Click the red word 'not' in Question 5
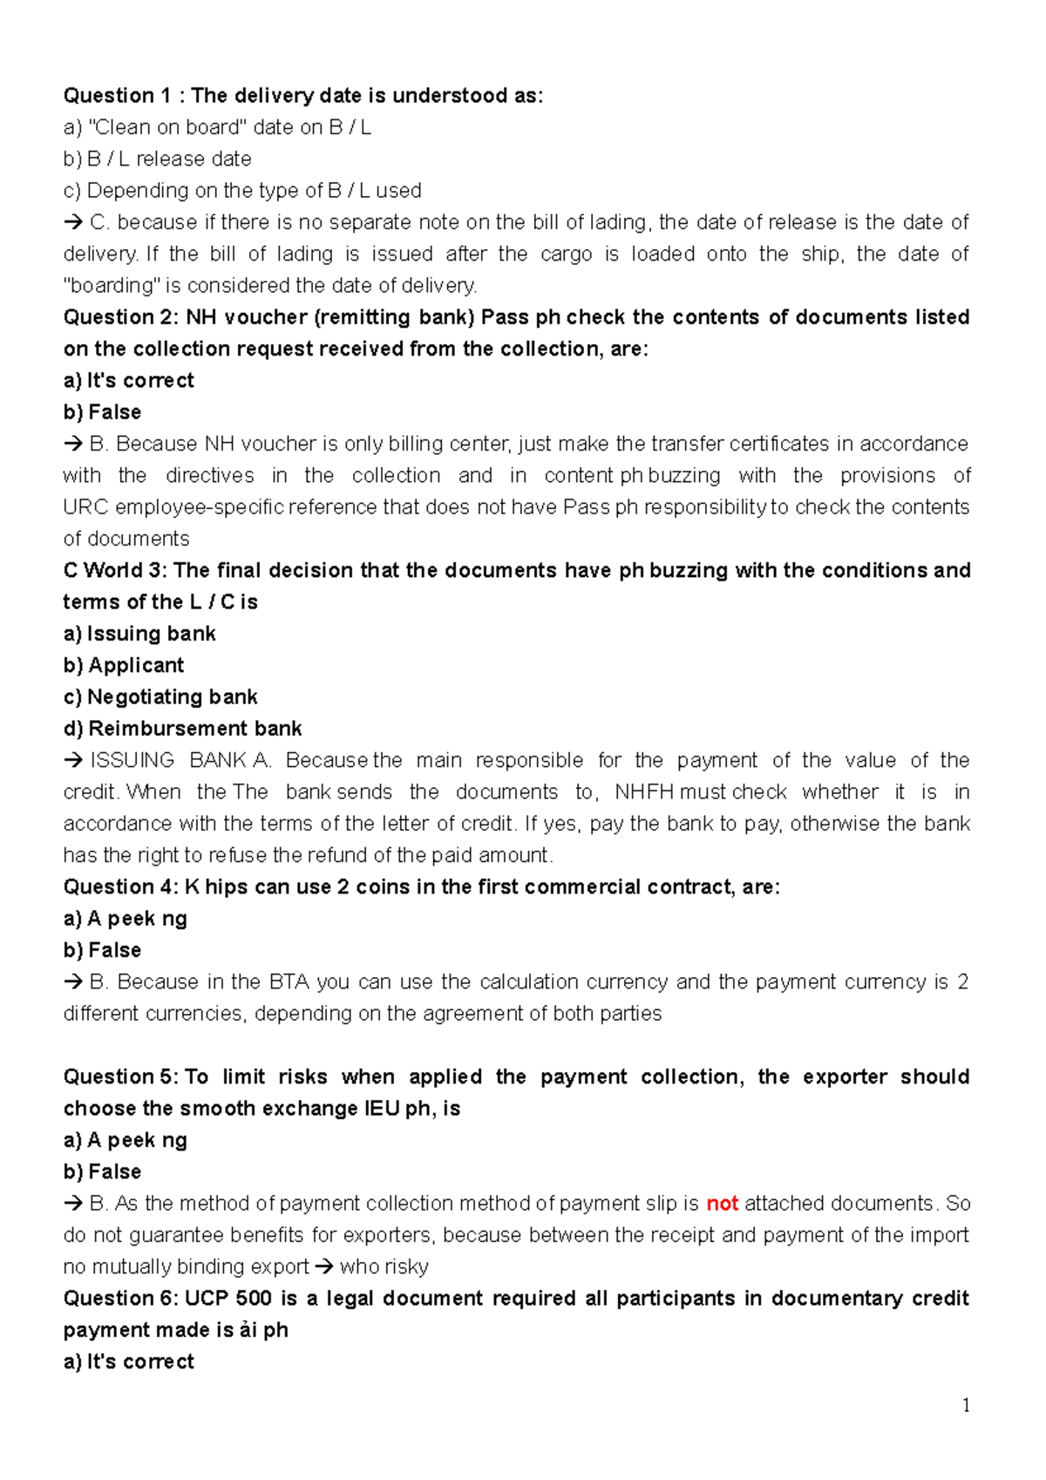pos(722,1204)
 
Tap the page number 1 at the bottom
pos(965,1405)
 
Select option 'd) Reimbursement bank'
pos(182,729)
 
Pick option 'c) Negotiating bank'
pos(160,697)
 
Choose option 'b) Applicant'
pos(124,666)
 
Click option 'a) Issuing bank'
pos(139,634)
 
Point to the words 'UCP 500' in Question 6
pos(228,1299)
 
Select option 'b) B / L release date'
pos(158,160)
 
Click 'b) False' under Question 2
pos(102,412)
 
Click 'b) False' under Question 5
pos(102,1172)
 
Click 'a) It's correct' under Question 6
pos(129,1362)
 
